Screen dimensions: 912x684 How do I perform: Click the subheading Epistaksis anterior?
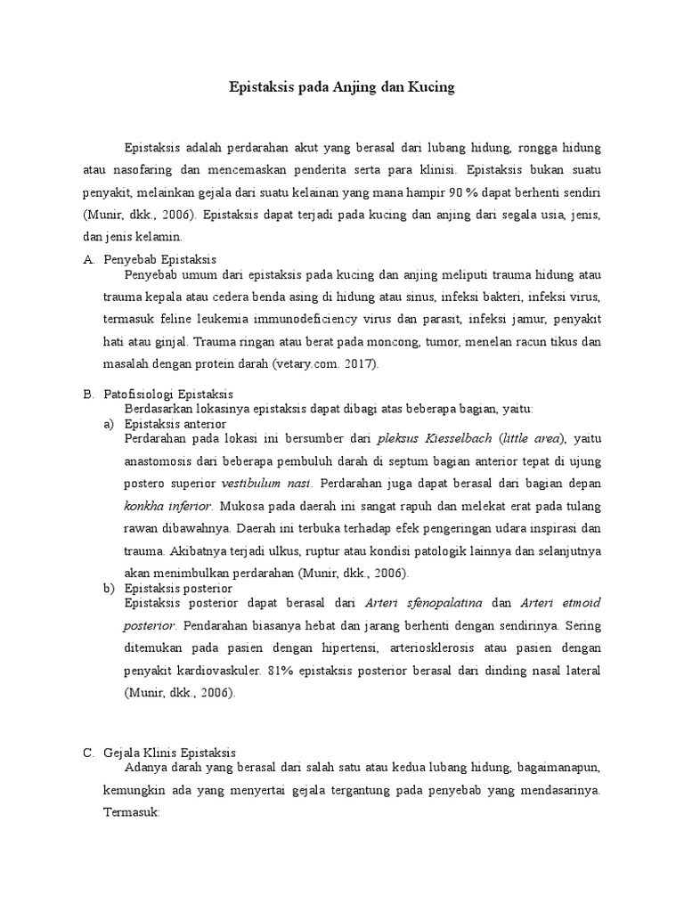[175, 424]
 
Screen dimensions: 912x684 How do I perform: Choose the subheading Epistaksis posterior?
[178, 589]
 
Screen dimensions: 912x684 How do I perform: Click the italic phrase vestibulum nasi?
[266, 483]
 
